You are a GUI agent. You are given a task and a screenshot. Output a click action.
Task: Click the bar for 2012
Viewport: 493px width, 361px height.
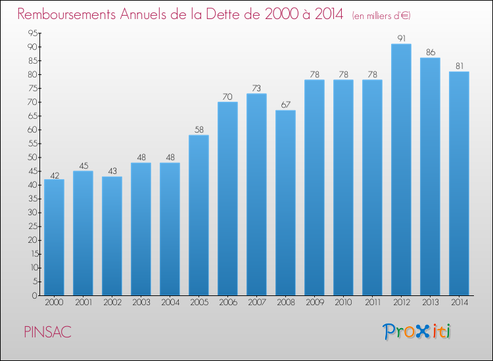(x=401, y=169)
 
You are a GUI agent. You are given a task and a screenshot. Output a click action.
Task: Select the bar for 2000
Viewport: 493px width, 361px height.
(x=54, y=238)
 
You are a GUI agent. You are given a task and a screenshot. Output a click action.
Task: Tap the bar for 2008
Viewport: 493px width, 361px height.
(x=285, y=203)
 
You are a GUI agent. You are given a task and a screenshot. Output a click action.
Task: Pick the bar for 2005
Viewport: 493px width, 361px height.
(x=199, y=215)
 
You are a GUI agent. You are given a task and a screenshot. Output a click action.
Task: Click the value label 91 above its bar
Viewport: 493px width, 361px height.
(x=402, y=38)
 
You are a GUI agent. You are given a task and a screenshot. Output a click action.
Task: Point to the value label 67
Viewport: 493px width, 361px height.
(x=286, y=104)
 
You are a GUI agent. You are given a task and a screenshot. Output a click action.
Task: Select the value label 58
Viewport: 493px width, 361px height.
(x=199, y=129)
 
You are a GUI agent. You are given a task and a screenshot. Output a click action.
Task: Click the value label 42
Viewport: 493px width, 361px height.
(x=55, y=175)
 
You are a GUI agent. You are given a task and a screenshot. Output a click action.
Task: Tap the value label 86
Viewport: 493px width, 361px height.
(x=431, y=52)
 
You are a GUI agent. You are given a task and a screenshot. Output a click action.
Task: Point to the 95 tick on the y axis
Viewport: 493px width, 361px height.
(x=33, y=33)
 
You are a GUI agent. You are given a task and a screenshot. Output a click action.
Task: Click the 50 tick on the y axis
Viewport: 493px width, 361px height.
(x=33, y=158)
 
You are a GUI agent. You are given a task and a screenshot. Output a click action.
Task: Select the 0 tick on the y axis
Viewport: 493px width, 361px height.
(x=35, y=295)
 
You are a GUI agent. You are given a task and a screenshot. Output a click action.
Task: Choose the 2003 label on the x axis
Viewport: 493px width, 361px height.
(x=141, y=302)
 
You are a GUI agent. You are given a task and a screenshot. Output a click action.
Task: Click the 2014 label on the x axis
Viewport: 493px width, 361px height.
(x=459, y=302)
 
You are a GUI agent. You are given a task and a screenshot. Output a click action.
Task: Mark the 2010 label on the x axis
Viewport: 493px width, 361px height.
(x=343, y=302)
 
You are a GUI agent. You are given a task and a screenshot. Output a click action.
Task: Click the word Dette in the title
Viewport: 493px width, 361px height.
(x=227, y=14)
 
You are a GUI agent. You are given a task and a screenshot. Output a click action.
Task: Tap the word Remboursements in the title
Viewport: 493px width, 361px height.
(x=66, y=14)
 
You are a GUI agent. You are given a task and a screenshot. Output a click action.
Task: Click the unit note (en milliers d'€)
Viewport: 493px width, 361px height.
(x=381, y=15)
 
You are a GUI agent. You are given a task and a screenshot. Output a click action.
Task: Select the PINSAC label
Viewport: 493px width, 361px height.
(x=48, y=332)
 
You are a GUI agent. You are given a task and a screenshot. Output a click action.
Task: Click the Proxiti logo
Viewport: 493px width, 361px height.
(x=417, y=331)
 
